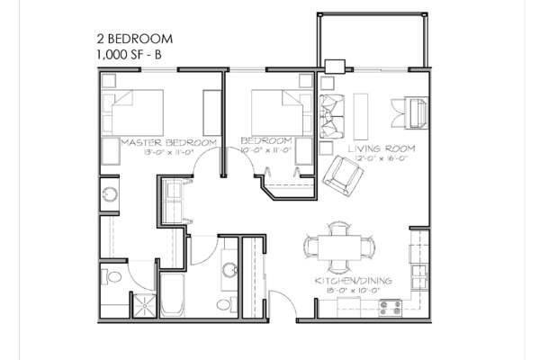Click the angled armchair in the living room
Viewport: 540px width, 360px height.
pyautogui.click(x=343, y=175)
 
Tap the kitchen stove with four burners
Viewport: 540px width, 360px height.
pyautogui.click(x=390, y=306)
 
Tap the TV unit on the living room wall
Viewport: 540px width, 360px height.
pyautogui.click(x=418, y=112)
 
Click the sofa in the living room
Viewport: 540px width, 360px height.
pyautogui.click(x=329, y=112)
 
